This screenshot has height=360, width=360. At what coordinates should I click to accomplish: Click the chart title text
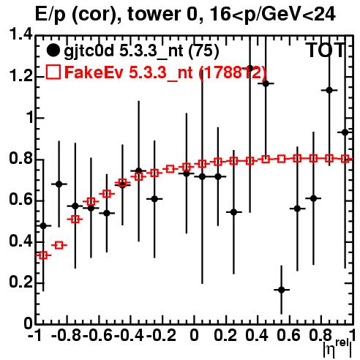point(185,14)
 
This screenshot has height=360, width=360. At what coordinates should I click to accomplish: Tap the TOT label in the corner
point(326,50)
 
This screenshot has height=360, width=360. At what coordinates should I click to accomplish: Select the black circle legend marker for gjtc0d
point(53,50)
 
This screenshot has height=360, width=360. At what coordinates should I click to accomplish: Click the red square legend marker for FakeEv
point(53,72)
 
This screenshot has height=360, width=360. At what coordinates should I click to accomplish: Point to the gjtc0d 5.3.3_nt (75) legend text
point(141,51)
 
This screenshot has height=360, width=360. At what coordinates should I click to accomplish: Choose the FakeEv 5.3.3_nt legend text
point(165,72)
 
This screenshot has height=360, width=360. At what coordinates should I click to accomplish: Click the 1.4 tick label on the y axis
point(20,34)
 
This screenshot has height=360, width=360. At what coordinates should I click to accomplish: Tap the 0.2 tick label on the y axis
point(20,282)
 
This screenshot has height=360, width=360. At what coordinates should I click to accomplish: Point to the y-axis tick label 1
point(29,118)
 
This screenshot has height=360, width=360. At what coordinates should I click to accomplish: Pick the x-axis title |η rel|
point(338,348)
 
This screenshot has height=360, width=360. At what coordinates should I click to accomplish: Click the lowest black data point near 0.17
point(282,290)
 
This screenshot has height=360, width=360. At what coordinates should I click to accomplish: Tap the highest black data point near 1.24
point(250,68)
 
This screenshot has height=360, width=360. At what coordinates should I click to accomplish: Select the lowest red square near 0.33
point(43,255)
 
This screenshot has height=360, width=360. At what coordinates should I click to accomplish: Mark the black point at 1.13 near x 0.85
point(329,90)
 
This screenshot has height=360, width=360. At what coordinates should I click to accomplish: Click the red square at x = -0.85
point(59,245)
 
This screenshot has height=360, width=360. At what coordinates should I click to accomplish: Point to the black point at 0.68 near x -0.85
point(59,184)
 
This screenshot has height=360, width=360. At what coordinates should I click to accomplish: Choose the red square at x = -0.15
point(170,169)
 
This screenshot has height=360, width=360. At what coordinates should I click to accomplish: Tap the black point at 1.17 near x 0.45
point(266,83)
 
